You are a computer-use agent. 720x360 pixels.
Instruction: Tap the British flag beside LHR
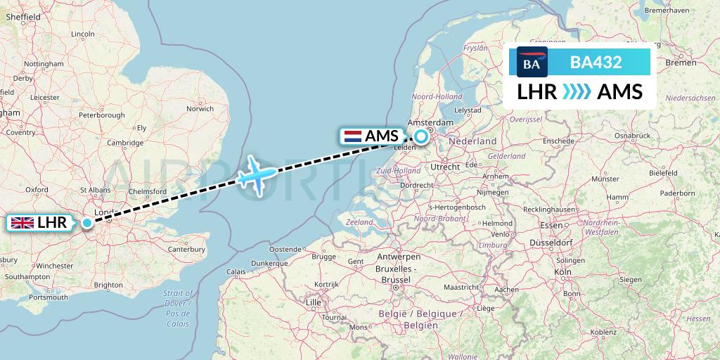pos(22,224)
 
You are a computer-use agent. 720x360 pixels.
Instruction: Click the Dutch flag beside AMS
pos(352,136)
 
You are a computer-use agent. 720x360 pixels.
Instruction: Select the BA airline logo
pos(532,62)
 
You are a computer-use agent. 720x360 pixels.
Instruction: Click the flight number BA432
pos(596,62)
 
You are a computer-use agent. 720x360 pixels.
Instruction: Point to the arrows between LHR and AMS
pos(577,92)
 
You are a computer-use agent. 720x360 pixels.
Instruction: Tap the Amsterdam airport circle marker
pos(420,136)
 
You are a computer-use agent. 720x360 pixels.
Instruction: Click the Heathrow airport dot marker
pos(86,224)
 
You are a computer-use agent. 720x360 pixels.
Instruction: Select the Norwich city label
pos(200,109)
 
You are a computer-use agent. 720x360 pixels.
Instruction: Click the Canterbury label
pos(186,248)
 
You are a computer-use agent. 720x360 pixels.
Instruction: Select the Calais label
pos(236,271)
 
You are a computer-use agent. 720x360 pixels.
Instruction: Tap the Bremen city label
pos(681,63)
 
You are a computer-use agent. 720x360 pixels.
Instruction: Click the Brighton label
pos(108,285)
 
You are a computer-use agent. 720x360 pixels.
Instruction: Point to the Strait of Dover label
pos(179,303)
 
